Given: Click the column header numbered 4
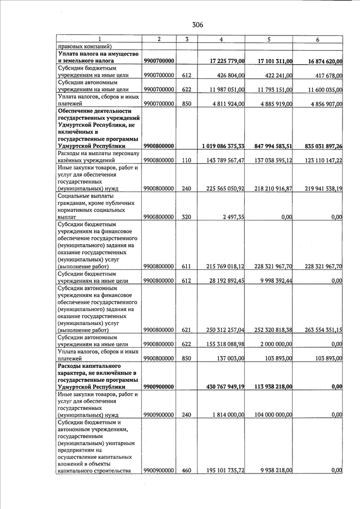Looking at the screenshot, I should coord(221,39).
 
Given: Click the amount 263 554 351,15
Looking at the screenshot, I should coord(316,330).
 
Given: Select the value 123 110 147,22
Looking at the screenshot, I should coord(316,160).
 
